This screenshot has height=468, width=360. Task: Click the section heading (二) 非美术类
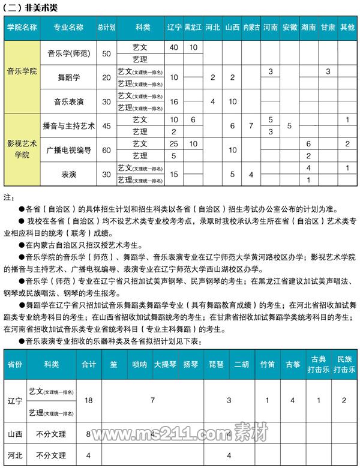(29, 8)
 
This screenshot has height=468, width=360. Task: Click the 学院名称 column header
(22, 28)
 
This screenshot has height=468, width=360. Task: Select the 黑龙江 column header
(193, 28)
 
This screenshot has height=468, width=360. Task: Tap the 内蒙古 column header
(251, 28)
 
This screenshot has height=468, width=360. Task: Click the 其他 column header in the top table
(347, 28)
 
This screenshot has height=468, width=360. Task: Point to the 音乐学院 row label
(22, 71)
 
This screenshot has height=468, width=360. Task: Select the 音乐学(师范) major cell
(68, 53)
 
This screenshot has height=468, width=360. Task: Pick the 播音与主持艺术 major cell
(68, 126)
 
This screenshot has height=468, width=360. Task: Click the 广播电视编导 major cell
(68, 150)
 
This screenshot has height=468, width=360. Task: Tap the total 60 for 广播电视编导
(107, 150)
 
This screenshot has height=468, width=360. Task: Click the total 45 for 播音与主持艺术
(107, 126)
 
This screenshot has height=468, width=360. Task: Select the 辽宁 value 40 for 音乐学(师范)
(174, 47)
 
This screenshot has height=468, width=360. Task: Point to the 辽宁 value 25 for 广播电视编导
(174, 144)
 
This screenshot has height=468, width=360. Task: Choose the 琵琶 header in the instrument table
(217, 364)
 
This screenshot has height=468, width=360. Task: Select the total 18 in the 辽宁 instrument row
(89, 400)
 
